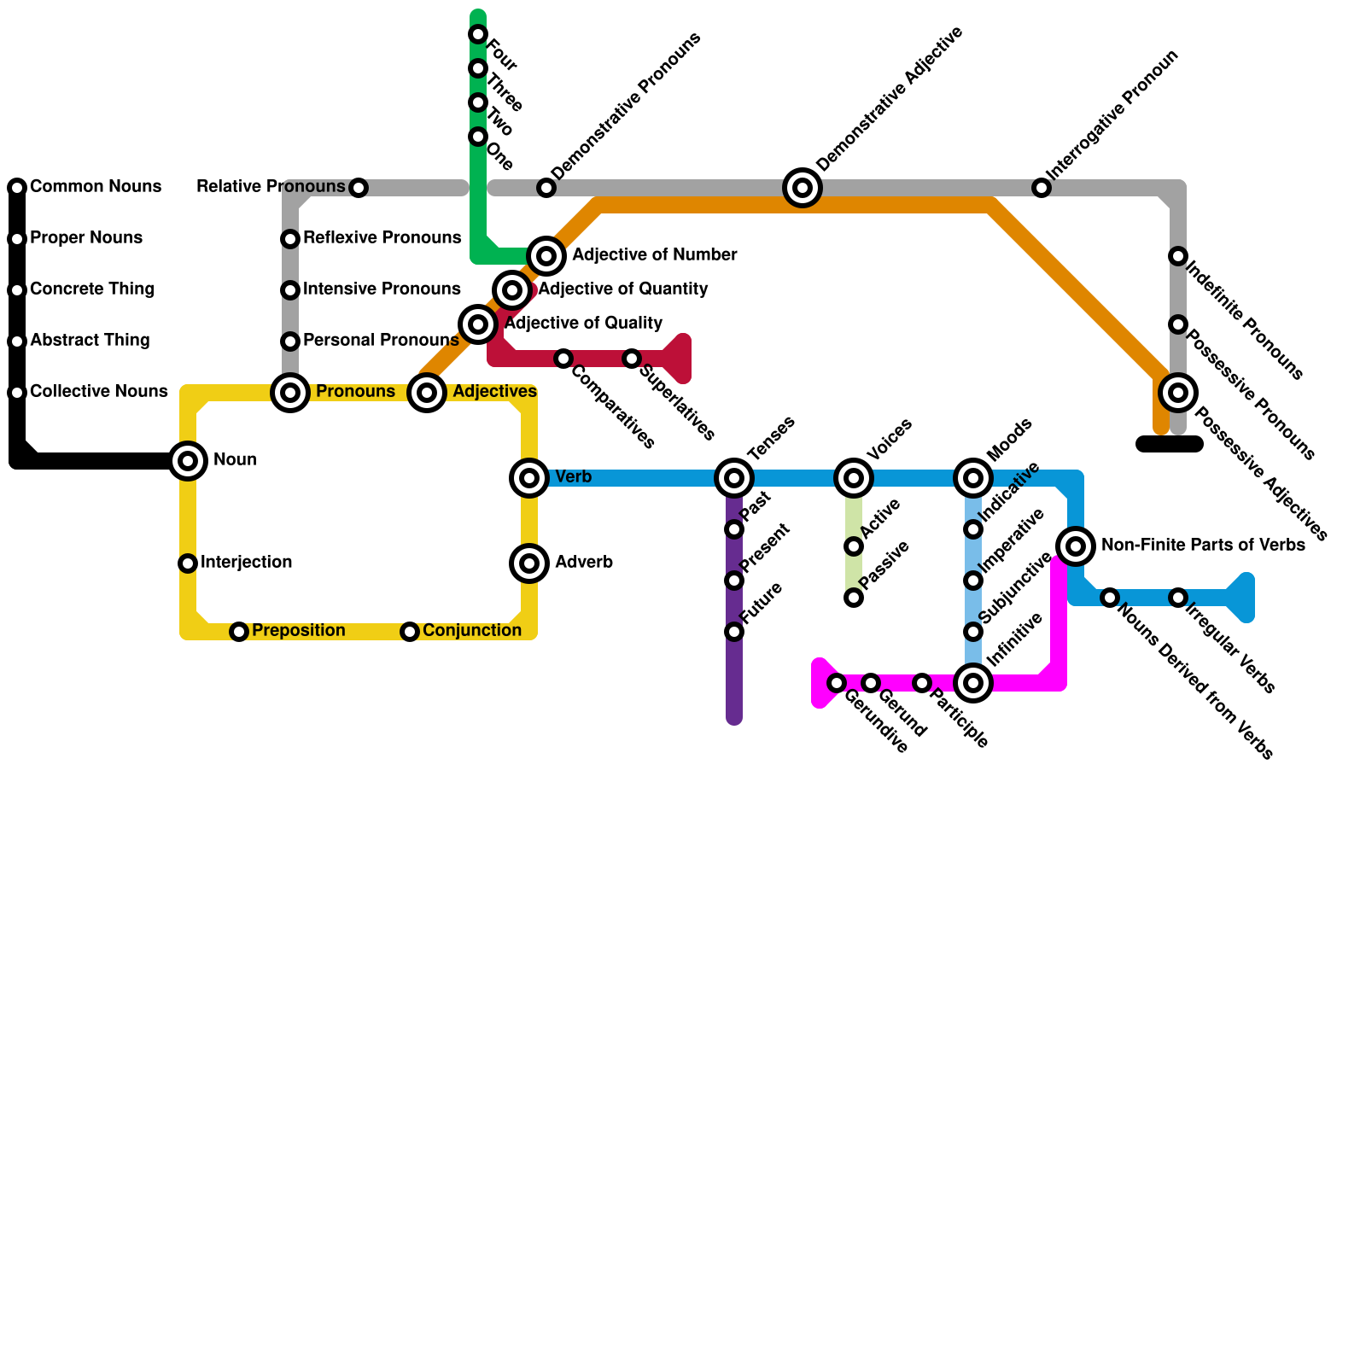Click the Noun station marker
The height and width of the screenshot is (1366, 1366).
188,461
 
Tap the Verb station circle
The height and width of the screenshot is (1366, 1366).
529,478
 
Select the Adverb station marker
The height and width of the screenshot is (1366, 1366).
529,563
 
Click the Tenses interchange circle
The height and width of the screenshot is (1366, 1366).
734,478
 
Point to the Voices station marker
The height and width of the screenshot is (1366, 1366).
854,478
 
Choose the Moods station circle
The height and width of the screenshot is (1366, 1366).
973,478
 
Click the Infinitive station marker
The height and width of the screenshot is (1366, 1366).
973,683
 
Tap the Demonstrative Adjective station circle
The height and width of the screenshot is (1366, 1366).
803,188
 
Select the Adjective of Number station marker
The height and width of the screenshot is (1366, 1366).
546,256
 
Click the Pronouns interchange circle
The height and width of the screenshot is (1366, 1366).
290,393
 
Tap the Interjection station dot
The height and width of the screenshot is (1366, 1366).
188,563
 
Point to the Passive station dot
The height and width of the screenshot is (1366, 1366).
854,598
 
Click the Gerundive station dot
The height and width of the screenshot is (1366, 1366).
837,683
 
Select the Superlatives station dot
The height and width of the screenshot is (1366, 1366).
632,359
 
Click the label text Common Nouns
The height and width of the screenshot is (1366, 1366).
96,187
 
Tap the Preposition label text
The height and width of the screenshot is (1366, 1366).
299,631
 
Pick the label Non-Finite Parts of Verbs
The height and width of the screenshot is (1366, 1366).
1203,546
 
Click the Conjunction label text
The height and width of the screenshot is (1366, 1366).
472,631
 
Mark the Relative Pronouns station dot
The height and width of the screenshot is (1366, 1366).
359,188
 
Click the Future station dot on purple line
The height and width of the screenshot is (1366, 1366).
734,632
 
